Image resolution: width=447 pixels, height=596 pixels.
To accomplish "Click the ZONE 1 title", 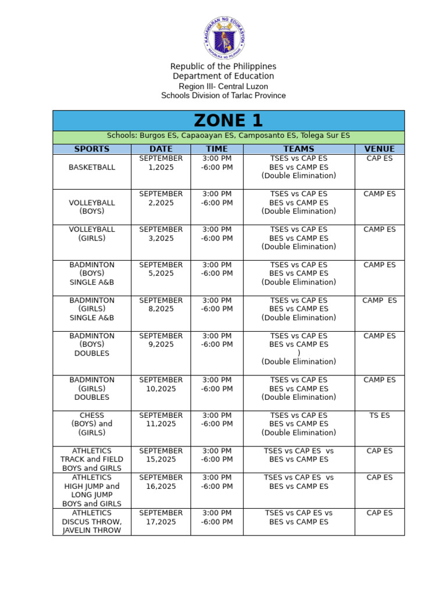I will click(228, 120).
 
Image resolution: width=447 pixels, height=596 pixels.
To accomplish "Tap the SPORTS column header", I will click(91, 149).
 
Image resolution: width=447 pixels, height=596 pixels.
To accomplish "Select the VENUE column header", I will click(379, 149).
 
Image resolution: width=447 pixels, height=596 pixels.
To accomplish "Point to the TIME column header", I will click(217, 149).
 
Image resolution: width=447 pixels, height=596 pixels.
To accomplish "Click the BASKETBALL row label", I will click(92, 167).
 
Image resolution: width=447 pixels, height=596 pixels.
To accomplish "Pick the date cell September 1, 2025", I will click(161, 163).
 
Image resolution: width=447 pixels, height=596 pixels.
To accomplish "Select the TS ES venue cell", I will click(379, 416).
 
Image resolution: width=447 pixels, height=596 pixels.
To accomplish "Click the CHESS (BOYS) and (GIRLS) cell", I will click(92, 424).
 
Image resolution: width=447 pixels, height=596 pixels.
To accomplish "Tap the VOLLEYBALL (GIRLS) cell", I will click(92, 234).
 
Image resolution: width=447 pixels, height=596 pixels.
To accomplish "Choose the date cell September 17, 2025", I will click(161, 517).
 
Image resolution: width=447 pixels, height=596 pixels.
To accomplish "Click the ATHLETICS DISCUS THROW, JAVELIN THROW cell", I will click(92, 521).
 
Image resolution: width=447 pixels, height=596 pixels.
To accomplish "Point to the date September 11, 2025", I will click(161, 420).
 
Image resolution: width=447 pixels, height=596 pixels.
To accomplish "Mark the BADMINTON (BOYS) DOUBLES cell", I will click(92, 345).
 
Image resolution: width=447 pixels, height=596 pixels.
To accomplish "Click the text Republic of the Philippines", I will click(223, 66).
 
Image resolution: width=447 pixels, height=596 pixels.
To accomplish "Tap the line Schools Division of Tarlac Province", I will click(223, 95).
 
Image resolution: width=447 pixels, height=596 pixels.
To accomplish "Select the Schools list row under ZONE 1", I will click(228, 136).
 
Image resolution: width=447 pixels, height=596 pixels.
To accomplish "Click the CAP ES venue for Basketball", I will click(379, 158).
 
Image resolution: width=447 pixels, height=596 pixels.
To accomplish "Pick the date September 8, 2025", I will click(161, 304).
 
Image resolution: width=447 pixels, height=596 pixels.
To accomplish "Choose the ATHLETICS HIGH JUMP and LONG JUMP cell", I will click(92, 491).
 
